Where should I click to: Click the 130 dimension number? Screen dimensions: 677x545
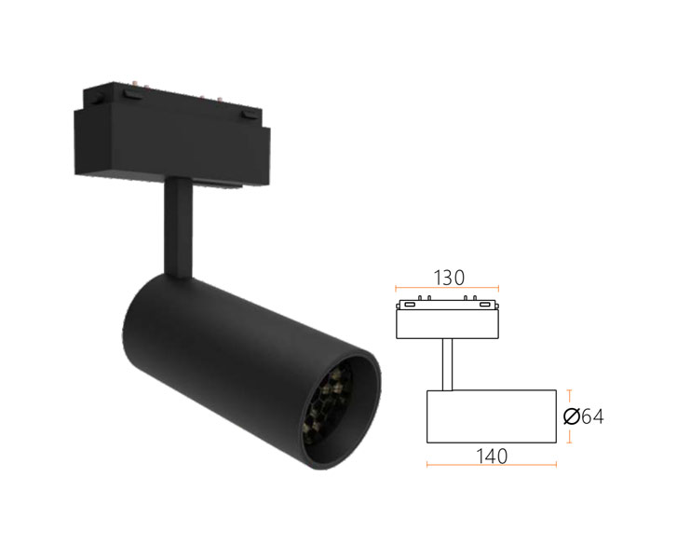point(449,278)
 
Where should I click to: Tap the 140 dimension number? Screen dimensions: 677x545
point(492,456)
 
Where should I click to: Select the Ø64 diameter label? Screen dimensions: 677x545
point(583,416)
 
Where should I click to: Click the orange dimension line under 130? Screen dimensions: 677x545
point(447,289)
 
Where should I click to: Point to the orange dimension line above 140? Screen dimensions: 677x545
point(492,465)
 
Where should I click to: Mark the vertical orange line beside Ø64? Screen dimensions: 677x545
point(570,416)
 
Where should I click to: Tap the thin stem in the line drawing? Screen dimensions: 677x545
point(447,364)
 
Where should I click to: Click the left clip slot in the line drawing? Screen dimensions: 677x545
point(410,305)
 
